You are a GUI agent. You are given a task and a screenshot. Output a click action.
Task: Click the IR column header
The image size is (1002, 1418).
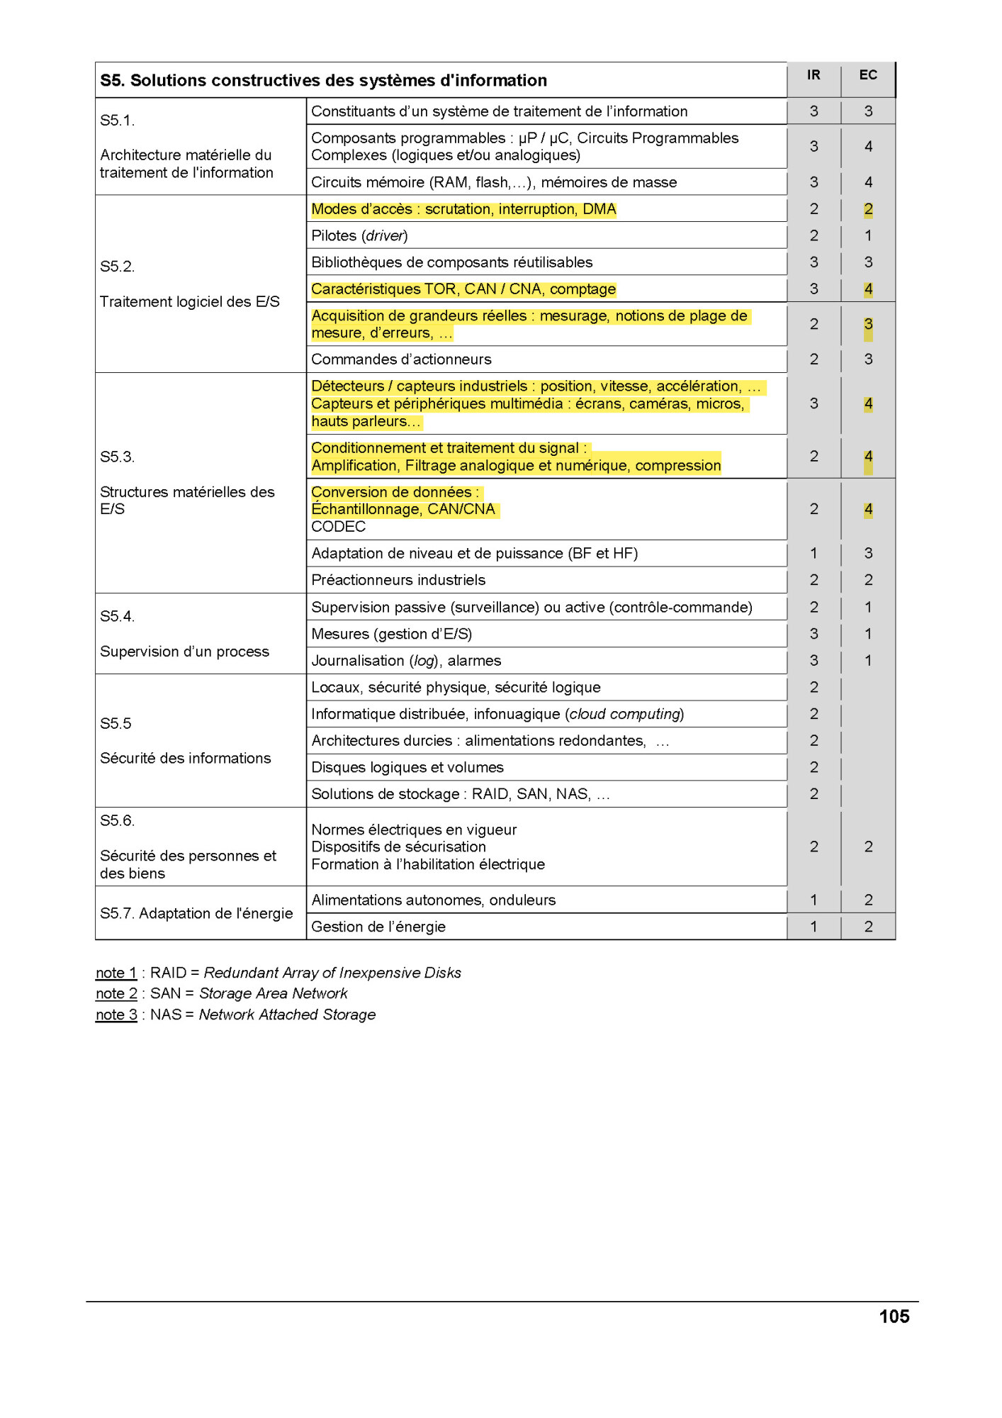click(813, 75)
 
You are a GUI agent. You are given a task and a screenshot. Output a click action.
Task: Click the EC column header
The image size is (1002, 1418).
click(867, 75)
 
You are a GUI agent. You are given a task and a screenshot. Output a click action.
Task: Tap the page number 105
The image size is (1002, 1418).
click(894, 1317)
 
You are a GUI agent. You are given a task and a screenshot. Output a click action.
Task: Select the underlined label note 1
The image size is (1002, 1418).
click(116, 973)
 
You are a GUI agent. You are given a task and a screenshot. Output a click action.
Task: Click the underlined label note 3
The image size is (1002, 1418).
click(116, 1015)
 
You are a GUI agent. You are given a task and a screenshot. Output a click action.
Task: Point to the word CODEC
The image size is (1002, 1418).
click(339, 527)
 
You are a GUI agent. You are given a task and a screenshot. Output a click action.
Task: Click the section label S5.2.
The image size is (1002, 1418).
click(118, 267)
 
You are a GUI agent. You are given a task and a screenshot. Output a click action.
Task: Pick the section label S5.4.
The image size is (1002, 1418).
click(118, 616)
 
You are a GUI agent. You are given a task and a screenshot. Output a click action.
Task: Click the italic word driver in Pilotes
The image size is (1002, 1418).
click(385, 236)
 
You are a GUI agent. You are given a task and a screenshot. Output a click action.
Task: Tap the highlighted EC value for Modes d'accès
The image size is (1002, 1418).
click(868, 209)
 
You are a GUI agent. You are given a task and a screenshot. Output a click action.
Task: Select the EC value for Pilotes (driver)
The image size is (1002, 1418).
click(868, 235)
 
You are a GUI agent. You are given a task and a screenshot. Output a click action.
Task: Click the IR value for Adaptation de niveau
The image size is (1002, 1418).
click(814, 553)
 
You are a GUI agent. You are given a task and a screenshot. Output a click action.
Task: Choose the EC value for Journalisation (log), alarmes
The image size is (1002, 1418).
click(868, 660)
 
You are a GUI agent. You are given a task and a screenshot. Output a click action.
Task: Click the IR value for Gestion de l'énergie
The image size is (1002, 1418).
click(814, 926)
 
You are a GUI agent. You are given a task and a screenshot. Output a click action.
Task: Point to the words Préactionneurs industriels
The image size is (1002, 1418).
click(398, 580)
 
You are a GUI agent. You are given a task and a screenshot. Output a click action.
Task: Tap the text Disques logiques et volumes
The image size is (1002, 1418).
click(407, 767)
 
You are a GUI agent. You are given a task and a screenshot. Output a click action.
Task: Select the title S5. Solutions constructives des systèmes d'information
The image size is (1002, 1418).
click(323, 81)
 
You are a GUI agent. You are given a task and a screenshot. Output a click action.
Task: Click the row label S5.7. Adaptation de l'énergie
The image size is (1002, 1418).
click(196, 913)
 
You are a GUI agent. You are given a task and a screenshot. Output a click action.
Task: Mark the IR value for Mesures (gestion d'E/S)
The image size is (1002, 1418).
click(814, 634)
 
